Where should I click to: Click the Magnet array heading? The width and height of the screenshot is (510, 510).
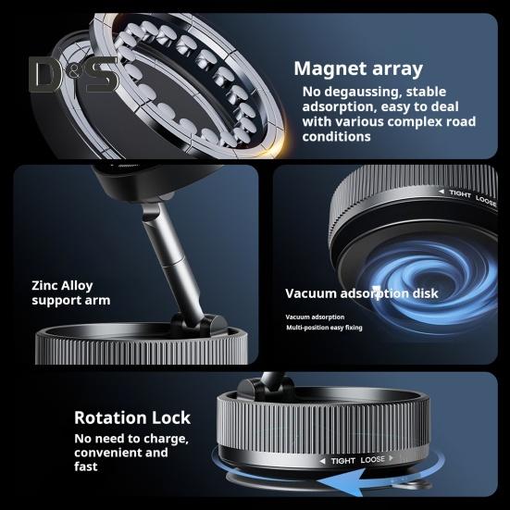[x=358, y=68]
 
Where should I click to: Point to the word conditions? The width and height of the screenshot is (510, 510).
[x=336, y=137]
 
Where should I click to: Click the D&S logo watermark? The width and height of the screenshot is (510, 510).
[x=74, y=74]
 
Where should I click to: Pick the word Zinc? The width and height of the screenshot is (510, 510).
[x=44, y=286]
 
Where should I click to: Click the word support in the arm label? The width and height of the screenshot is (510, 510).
[x=56, y=301]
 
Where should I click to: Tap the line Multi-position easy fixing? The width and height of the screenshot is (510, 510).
[x=324, y=328]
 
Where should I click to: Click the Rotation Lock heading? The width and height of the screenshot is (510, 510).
[x=132, y=417]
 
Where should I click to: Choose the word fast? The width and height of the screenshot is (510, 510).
[x=85, y=466]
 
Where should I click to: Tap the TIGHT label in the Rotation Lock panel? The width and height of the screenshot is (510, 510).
[x=342, y=461]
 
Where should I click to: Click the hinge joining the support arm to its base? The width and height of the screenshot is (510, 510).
[x=198, y=325]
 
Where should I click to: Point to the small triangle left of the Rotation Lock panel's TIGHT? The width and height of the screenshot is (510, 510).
[x=322, y=461]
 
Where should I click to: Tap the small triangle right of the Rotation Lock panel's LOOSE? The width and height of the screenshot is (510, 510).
[x=391, y=458]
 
